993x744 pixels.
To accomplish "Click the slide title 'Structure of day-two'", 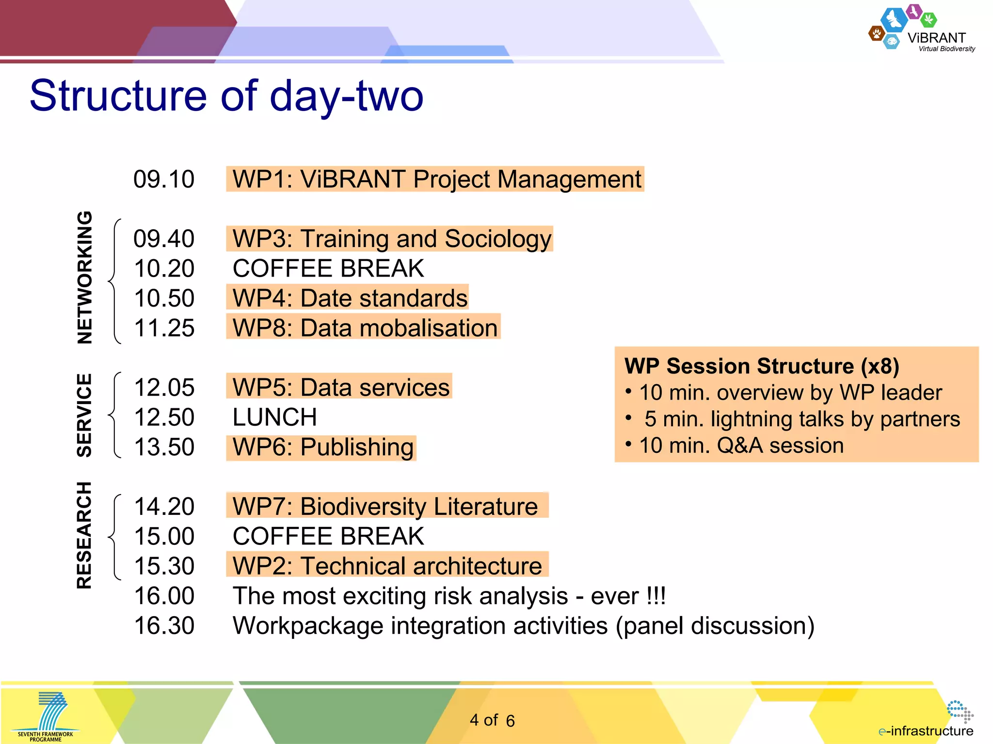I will coord(226,96).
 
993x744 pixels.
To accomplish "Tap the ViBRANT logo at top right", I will coord(921,29).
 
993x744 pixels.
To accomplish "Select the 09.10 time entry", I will coord(164,179).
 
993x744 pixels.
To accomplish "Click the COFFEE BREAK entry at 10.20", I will coord(328,268).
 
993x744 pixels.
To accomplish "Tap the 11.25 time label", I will coord(164,328).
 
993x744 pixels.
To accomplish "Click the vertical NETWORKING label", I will coord(85,278).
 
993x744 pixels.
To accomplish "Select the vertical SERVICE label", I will coord(85,415).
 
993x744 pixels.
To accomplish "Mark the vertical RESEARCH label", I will coord(85,535).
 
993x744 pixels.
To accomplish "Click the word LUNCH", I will coord(274,417).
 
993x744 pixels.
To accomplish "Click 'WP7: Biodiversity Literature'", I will coord(386,506).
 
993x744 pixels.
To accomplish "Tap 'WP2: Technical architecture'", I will coord(387,566).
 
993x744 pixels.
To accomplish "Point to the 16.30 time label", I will coord(164,625).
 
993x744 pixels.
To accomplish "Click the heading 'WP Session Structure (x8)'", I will coord(761,366).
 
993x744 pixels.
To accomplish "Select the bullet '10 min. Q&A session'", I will coord(741,445).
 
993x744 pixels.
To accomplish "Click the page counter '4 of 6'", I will coord(492,720).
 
